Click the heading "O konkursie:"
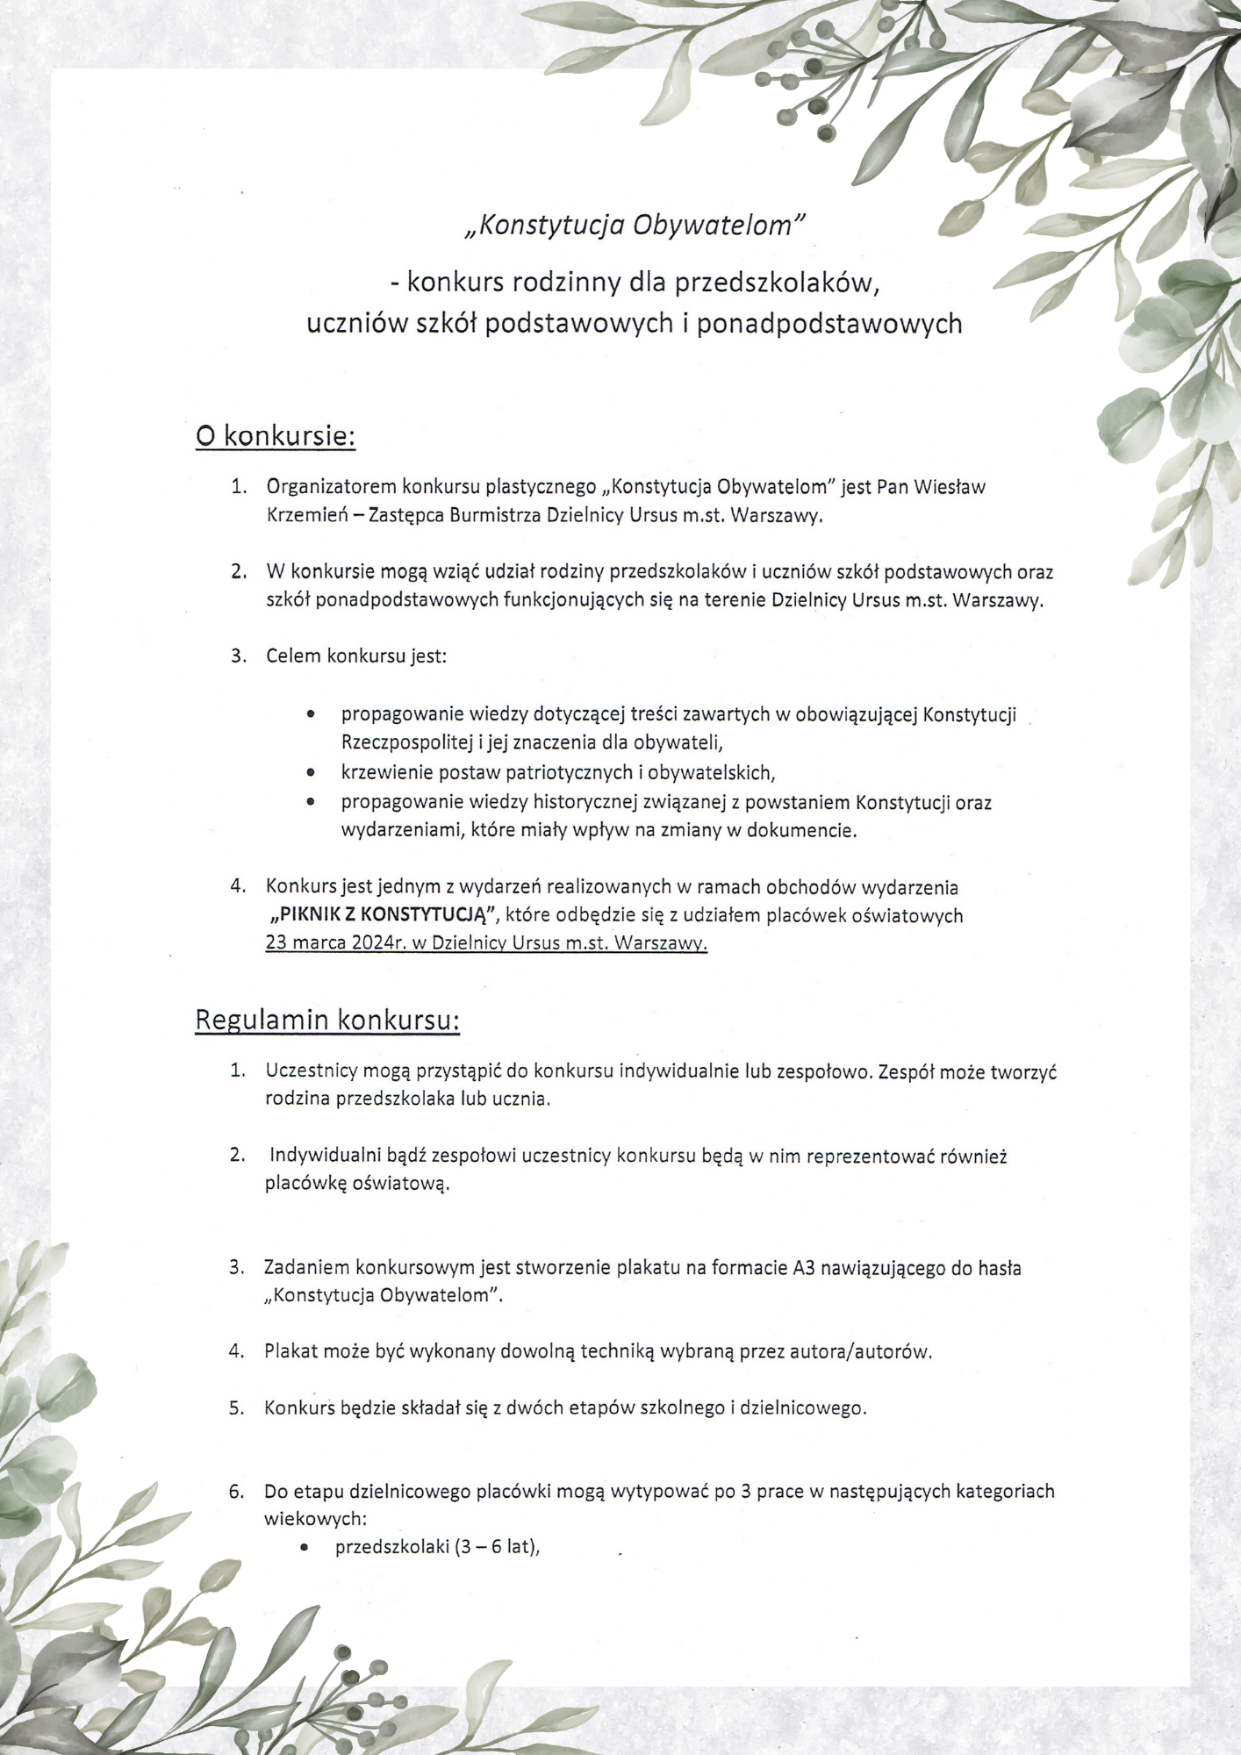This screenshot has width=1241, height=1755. (275, 436)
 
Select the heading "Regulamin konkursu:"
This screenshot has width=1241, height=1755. (327, 1020)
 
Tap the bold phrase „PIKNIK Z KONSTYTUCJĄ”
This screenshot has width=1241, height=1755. (384, 915)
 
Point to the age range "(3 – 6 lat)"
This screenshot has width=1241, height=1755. (495, 1546)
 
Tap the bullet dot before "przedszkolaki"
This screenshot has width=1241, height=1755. (304, 1547)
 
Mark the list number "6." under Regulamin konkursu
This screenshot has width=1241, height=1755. (237, 1491)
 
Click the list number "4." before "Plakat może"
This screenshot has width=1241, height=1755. (237, 1351)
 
